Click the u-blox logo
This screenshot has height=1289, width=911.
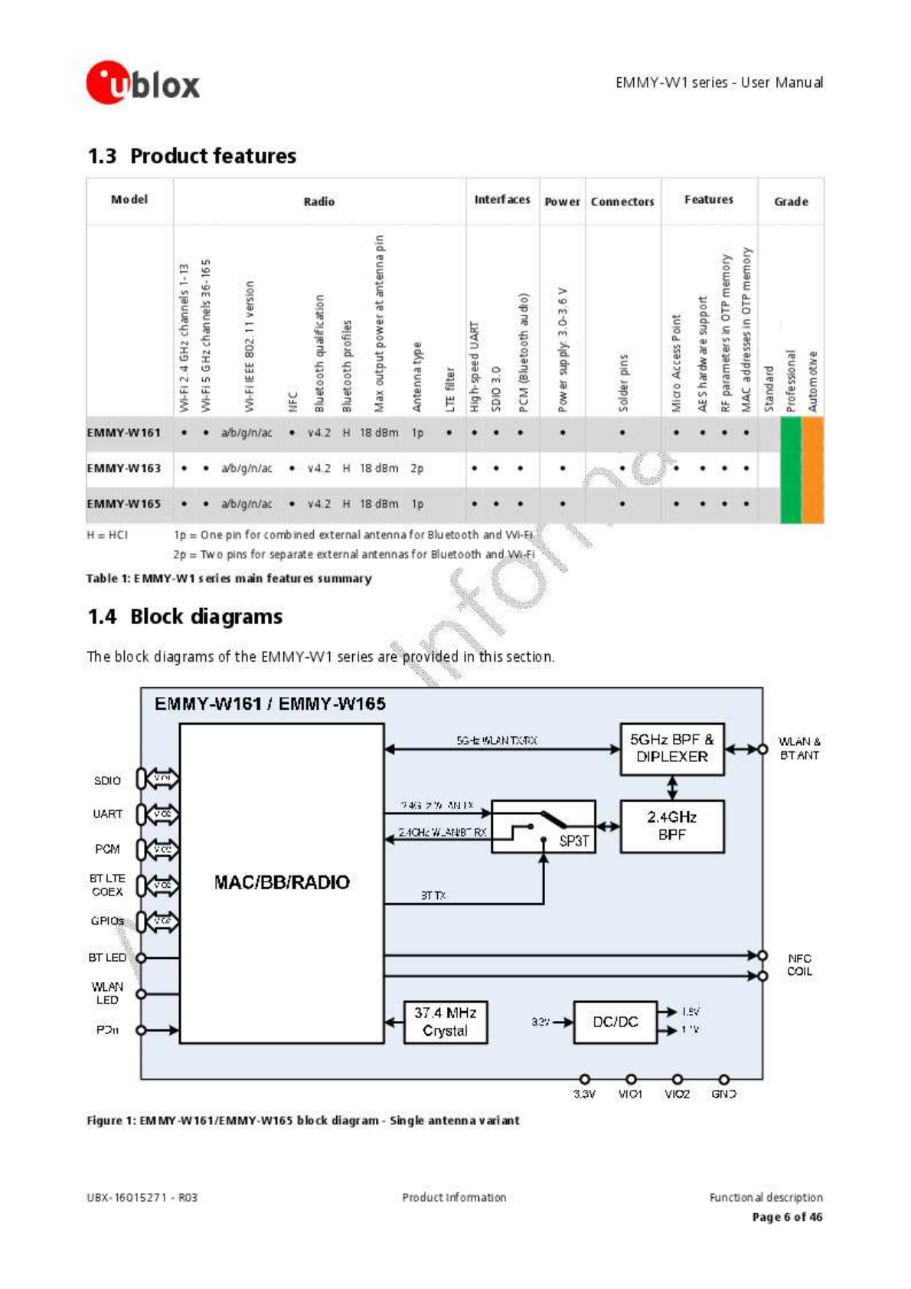[x=143, y=83]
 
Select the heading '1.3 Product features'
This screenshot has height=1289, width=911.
[x=191, y=156]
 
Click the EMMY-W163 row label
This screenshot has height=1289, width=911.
[x=124, y=468]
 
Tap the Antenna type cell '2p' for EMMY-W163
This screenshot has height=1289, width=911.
[x=416, y=468]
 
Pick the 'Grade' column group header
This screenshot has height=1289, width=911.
[x=791, y=201]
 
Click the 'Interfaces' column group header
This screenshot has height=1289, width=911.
[x=502, y=200]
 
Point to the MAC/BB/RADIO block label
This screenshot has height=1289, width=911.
[x=282, y=882]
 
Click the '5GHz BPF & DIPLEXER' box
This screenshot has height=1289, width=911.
[x=671, y=748]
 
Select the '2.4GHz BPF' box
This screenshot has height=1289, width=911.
[x=671, y=826]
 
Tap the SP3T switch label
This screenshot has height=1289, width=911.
[x=574, y=840]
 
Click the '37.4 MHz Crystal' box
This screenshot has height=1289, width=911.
[x=446, y=1022]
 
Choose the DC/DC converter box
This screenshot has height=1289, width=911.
[x=615, y=1022]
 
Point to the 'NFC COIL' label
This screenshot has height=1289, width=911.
[x=799, y=965]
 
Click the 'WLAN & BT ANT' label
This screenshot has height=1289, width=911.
[x=799, y=748]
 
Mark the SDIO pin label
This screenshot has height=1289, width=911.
[x=107, y=780]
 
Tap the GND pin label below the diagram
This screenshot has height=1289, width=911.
[x=723, y=1094]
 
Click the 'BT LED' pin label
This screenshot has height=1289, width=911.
[x=107, y=957]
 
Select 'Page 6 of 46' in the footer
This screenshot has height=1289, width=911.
[x=787, y=1217]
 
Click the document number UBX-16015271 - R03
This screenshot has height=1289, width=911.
[x=142, y=1197]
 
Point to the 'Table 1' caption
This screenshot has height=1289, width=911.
[x=229, y=578]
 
